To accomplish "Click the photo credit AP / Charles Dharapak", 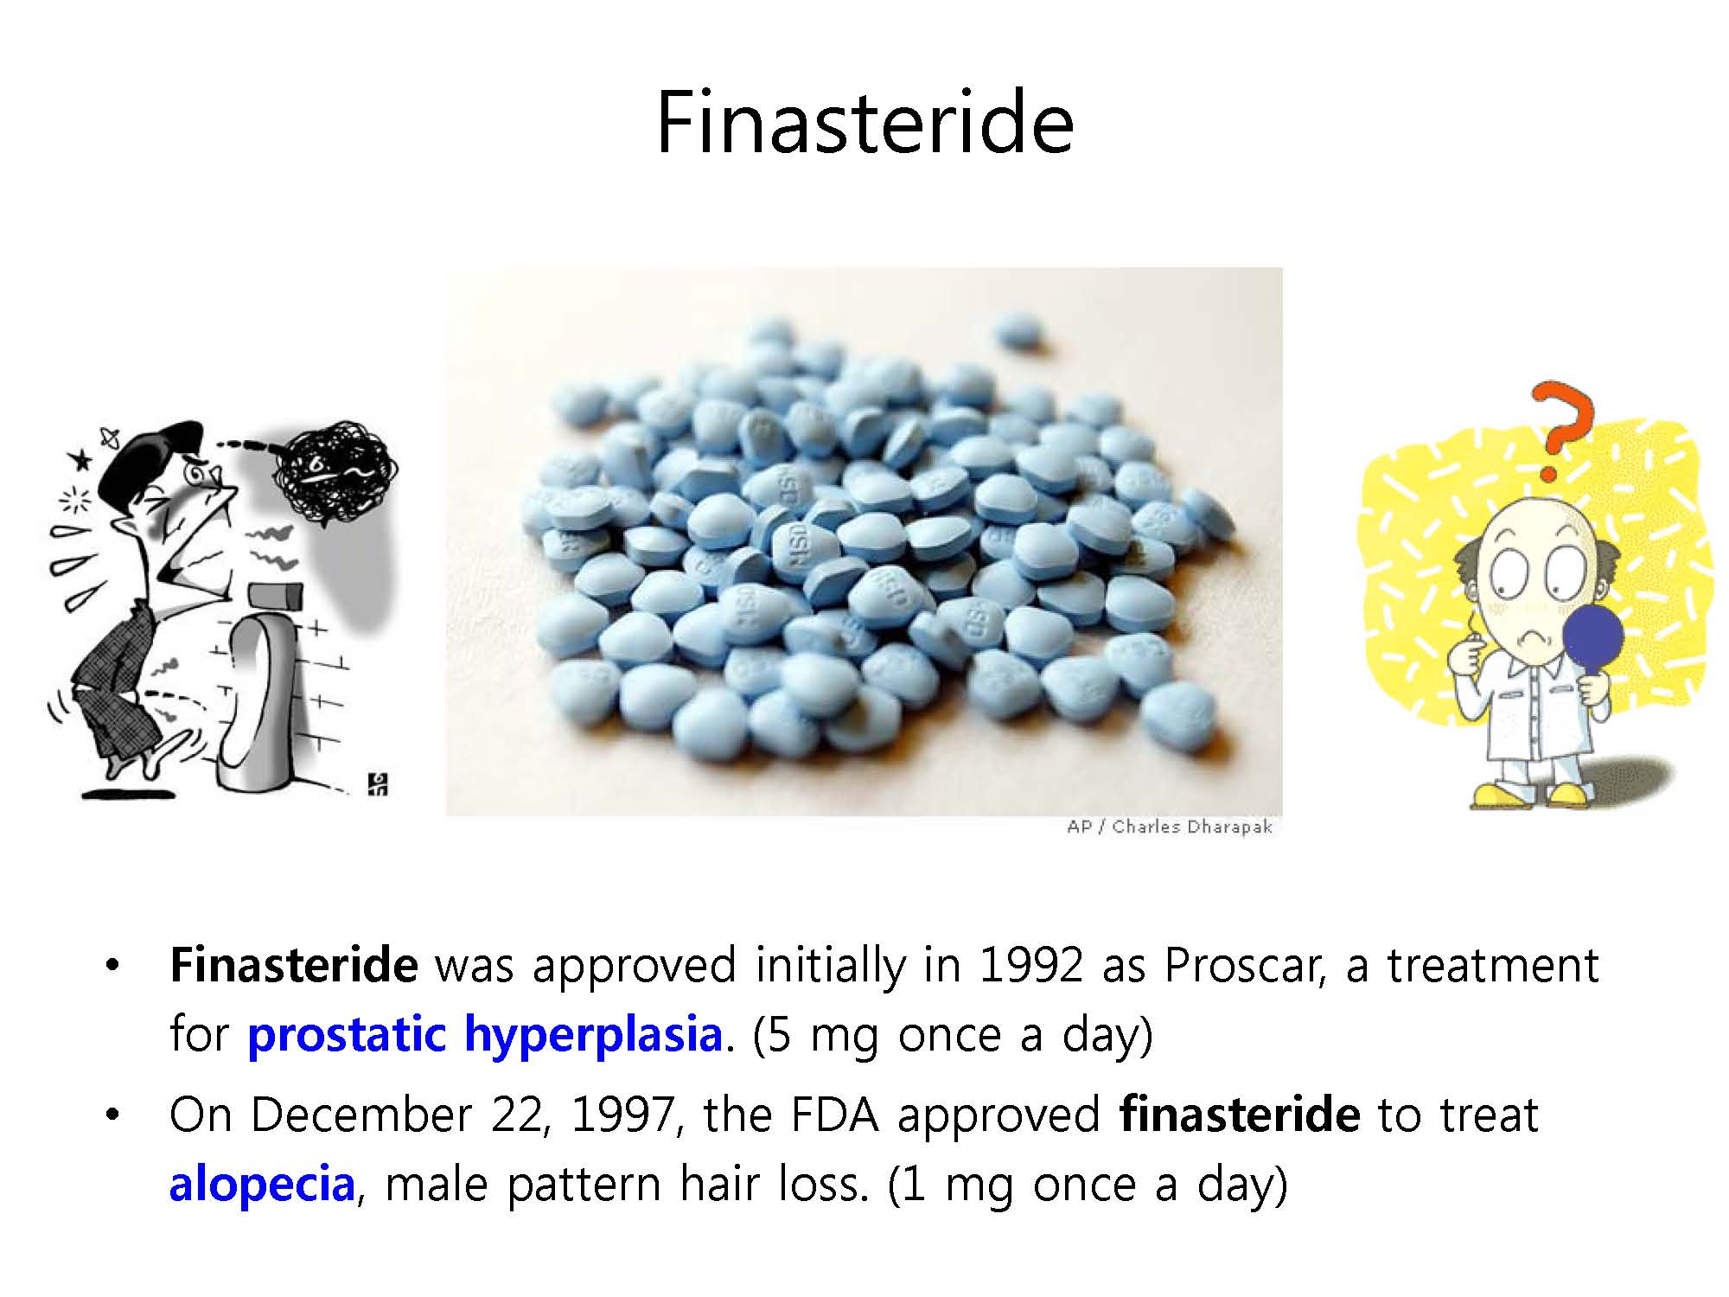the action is coord(1170,827).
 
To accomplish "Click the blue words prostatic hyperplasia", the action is coord(485,1034).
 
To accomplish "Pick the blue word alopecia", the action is coord(262,1184).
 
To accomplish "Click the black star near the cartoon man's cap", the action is coord(82,460).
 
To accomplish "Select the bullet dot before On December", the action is coord(111,1115).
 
